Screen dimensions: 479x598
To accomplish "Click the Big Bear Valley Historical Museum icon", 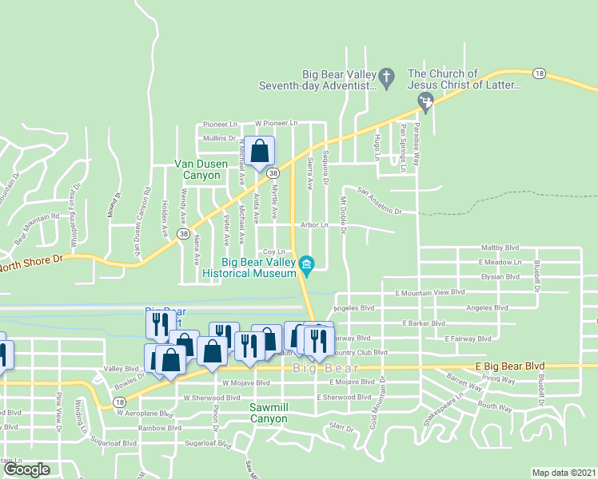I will [x=306, y=263].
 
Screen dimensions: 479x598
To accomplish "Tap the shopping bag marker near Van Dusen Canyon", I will [x=260, y=150].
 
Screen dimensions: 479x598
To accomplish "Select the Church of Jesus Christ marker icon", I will [x=426, y=101].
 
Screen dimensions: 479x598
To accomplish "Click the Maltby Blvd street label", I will [x=500, y=248].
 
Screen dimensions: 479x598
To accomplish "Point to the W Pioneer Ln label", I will [x=276, y=124].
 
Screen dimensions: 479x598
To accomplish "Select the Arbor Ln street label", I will [x=314, y=225].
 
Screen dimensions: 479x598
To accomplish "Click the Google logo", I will [x=26, y=469].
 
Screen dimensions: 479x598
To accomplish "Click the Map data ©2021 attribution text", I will [x=564, y=473].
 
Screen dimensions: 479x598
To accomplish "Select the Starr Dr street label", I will [x=341, y=429].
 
